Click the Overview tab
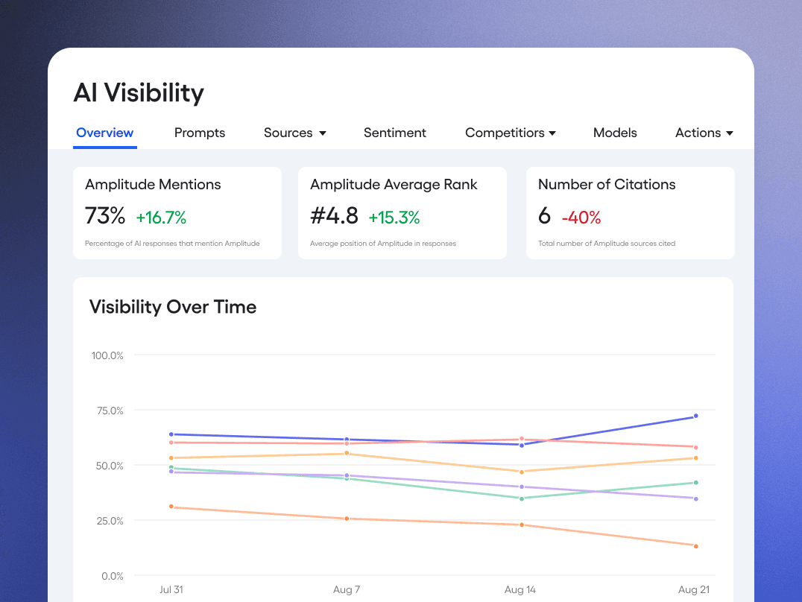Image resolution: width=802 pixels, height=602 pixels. point(105,133)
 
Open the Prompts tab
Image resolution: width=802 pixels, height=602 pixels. point(200,133)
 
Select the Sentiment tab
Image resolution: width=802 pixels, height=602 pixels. point(395,133)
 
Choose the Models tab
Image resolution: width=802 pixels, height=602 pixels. point(615,133)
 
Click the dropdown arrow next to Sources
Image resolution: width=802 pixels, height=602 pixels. point(323,133)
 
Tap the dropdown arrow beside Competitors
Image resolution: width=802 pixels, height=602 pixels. point(552,133)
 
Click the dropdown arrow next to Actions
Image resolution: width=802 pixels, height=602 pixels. point(730,133)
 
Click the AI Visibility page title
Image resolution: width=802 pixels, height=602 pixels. point(139,92)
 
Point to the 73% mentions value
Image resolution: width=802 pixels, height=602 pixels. point(105,216)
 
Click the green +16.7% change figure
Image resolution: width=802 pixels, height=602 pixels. point(161,218)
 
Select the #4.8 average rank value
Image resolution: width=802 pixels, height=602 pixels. point(334,216)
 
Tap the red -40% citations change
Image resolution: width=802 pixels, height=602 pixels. point(581,218)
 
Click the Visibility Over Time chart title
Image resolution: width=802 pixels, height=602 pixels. point(173,307)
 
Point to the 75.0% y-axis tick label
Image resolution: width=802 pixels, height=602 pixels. point(107,411)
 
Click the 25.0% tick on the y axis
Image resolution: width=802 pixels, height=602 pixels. point(107,521)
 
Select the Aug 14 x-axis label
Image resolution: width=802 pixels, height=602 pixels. point(520,589)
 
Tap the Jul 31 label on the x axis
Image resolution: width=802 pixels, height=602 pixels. point(171,589)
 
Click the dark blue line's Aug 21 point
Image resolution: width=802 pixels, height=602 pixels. point(695,416)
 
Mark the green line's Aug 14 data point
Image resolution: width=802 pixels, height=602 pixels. point(521,498)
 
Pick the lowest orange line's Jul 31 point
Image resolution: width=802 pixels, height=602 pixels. point(171,507)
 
